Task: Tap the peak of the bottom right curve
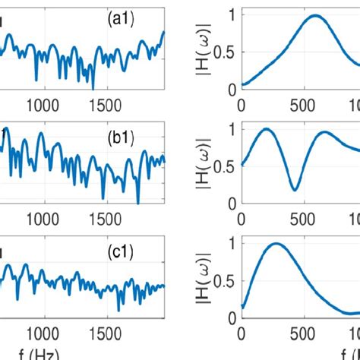276,245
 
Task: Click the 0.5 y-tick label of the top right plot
226,52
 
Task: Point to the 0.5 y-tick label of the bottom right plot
226,280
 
